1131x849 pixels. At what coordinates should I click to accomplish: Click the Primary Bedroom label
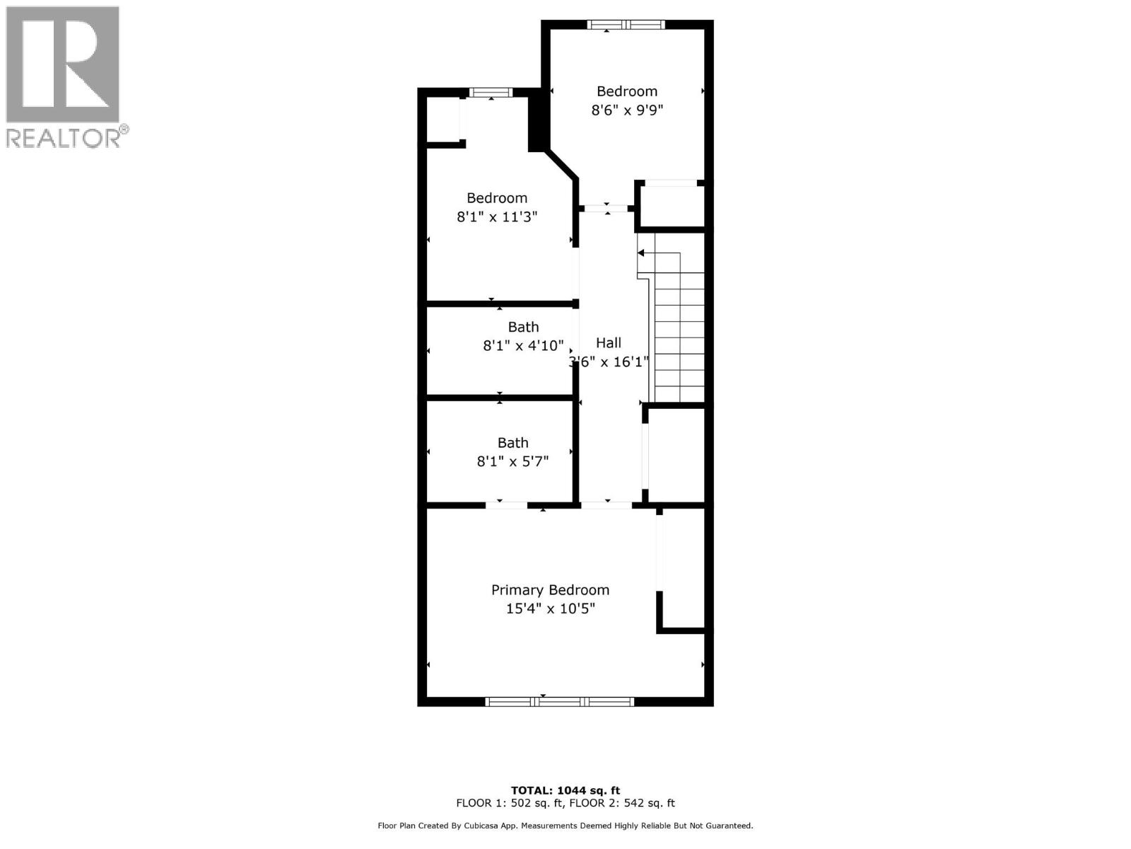tap(550, 589)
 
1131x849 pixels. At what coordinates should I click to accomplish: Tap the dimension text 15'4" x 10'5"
tap(550, 608)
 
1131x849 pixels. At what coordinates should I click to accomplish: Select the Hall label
tap(608, 342)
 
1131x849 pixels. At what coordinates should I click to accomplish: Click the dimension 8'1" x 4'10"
tap(523, 346)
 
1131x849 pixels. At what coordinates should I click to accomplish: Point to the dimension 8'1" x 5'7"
tap(512, 461)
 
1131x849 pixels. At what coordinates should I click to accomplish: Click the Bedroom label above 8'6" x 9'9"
tap(626, 91)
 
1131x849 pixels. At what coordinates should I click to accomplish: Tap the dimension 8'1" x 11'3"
tap(497, 216)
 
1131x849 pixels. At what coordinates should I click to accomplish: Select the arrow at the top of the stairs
tap(641, 253)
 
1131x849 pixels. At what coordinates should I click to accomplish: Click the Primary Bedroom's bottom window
tap(559, 701)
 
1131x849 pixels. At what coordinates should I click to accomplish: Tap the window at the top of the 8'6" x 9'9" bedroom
tap(626, 25)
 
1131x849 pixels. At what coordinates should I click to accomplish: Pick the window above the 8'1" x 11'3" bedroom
tap(491, 92)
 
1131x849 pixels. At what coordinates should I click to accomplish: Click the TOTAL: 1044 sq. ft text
tap(565, 790)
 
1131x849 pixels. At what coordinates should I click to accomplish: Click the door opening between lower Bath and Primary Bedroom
tap(506, 505)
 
